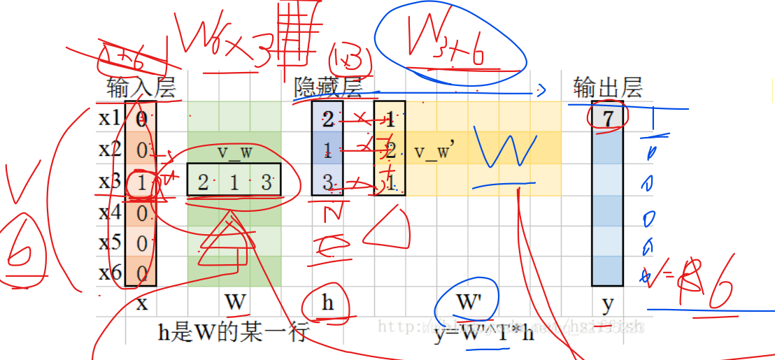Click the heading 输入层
tap(140, 87)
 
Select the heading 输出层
tap(607, 87)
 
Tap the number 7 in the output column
tap(608, 118)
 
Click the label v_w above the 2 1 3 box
tap(235, 152)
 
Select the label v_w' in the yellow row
tap(434, 151)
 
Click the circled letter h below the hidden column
tap(327, 303)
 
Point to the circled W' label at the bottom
tap(467, 303)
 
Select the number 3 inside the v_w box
tap(266, 182)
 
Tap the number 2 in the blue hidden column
tap(327, 119)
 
